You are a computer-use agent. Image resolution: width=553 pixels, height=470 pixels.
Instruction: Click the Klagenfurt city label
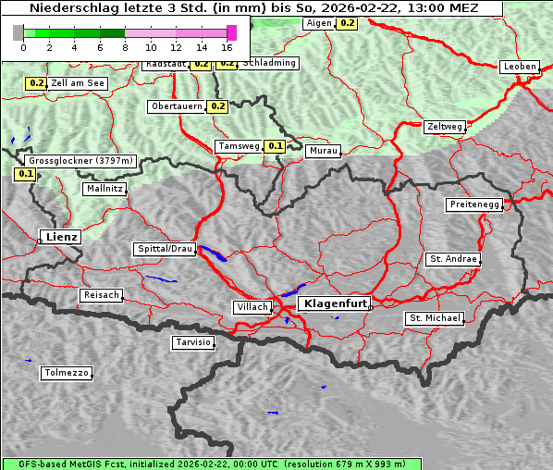tap(337, 303)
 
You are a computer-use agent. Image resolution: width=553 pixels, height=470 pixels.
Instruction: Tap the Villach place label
tap(252, 306)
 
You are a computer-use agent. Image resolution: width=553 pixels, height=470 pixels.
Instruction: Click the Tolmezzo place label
tap(67, 373)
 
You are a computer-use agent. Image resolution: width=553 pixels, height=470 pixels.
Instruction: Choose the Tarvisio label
tap(193, 342)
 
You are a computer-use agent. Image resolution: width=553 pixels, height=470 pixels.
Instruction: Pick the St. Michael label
tap(435, 318)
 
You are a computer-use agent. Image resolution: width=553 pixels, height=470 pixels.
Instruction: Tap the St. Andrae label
tap(452, 259)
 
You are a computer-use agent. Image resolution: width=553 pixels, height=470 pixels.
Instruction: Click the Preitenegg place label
tap(475, 204)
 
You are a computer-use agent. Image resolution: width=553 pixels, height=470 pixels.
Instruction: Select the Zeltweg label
tap(445, 127)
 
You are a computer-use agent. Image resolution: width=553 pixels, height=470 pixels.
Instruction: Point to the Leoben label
tap(519, 67)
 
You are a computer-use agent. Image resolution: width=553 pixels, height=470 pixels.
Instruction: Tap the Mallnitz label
tap(104, 189)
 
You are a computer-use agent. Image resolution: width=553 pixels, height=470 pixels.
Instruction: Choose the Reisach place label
tap(101, 295)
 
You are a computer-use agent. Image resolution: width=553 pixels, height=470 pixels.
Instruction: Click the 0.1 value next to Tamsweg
tap(275, 146)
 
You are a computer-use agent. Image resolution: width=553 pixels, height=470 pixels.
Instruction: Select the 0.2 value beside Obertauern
tap(217, 106)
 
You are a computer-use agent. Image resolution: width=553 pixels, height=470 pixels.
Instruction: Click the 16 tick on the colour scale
tap(227, 46)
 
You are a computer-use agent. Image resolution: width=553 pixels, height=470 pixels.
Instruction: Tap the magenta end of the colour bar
tap(231, 32)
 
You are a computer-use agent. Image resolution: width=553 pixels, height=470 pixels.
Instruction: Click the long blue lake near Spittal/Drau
tap(213, 253)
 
